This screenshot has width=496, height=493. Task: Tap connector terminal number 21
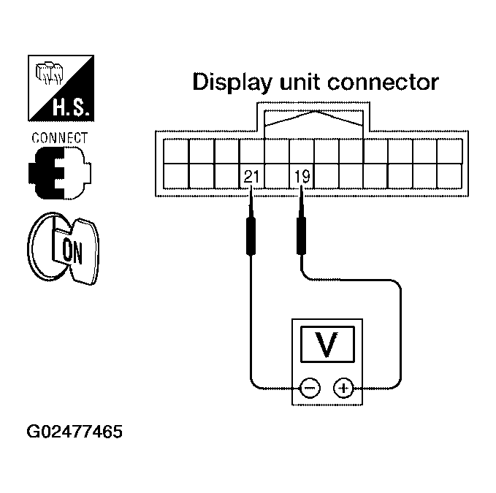click(251, 177)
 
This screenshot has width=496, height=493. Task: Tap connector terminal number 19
click(301, 177)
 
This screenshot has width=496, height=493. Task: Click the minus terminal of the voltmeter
click(310, 388)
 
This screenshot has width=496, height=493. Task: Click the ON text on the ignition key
click(74, 250)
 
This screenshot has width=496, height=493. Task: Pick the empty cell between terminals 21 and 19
click(276, 177)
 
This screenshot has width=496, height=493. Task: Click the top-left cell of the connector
click(176, 151)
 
